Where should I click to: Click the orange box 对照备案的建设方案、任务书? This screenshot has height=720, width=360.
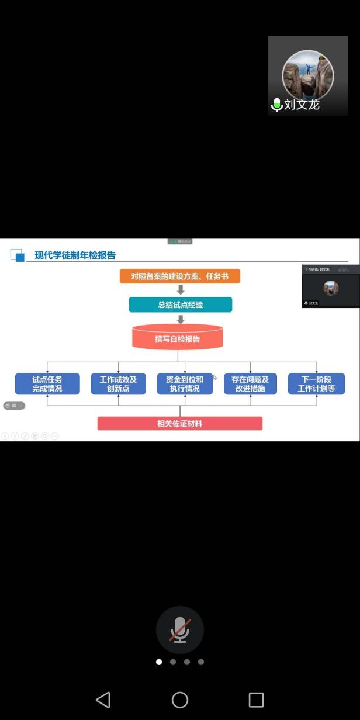[x=179, y=276]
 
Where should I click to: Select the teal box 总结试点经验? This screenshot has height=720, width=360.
[x=180, y=304]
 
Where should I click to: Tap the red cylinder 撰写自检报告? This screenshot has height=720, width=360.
[x=178, y=338]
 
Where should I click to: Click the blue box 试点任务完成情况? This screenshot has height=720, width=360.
[x=47, y=384]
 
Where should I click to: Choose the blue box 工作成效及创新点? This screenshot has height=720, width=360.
[x=118, y=384]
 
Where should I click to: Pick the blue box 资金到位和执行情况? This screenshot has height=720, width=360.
[x=185, y=384]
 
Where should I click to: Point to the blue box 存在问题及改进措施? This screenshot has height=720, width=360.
[x=250, y=384]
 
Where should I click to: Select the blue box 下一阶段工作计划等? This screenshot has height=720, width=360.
[x=316, y=384]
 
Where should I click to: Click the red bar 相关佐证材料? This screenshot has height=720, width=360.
[x=179, y=423]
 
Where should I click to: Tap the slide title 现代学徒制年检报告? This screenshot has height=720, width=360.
[x=75, y=255]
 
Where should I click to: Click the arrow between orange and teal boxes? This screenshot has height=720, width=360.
[x=181, y=290]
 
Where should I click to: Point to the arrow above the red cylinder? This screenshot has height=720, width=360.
[x=181, y=319]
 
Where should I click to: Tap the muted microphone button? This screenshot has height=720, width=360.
[x=180, y=629]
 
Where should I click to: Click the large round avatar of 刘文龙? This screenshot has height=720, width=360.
[x=307, y=75]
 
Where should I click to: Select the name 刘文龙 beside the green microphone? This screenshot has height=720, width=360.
[x=302, y=105]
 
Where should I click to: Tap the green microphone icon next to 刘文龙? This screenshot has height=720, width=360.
[x=277, y=105]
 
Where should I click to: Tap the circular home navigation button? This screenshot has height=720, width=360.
[x=180, y=700]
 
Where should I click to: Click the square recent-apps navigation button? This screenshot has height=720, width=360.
[x=257, y=700]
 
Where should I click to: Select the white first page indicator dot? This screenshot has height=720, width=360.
[x=159, y=662]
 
